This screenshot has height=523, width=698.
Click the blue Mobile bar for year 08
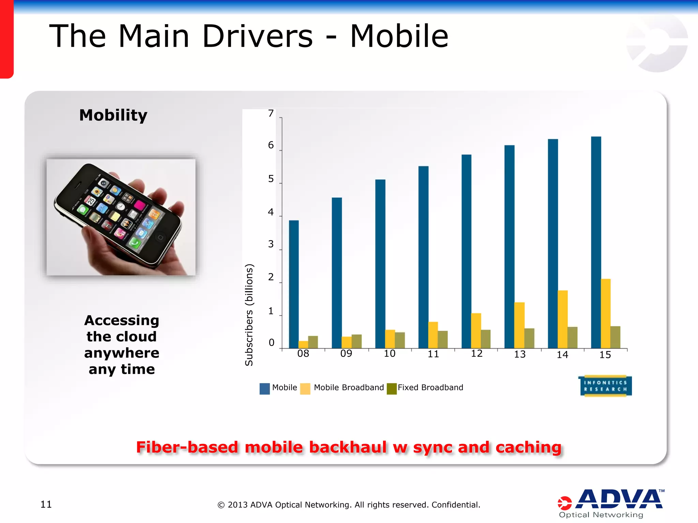294,284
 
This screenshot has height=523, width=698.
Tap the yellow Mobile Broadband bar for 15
606,313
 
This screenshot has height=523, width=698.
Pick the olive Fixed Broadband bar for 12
486,339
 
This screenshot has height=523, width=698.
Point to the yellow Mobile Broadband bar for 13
519,325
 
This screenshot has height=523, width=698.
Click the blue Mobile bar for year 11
423,257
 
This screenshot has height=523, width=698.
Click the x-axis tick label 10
390,354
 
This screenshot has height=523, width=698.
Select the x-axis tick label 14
562,355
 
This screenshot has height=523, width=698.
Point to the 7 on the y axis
271,113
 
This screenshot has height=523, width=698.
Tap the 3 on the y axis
271,244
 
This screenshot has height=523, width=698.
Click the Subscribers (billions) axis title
249,315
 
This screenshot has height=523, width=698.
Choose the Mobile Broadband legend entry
348,387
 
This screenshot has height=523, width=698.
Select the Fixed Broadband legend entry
430,387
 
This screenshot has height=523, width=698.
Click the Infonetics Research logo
605,386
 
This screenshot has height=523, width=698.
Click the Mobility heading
113,115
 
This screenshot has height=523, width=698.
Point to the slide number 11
46,504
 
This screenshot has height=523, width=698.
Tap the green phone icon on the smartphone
135,242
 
